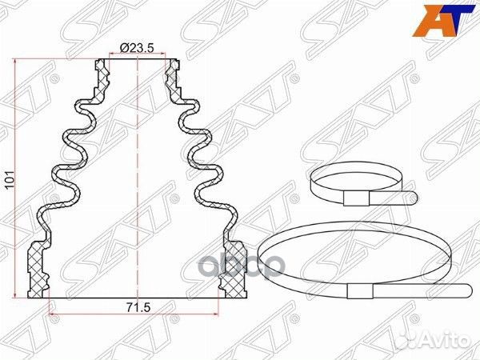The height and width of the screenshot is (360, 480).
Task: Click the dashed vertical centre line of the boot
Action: point(137,176)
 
